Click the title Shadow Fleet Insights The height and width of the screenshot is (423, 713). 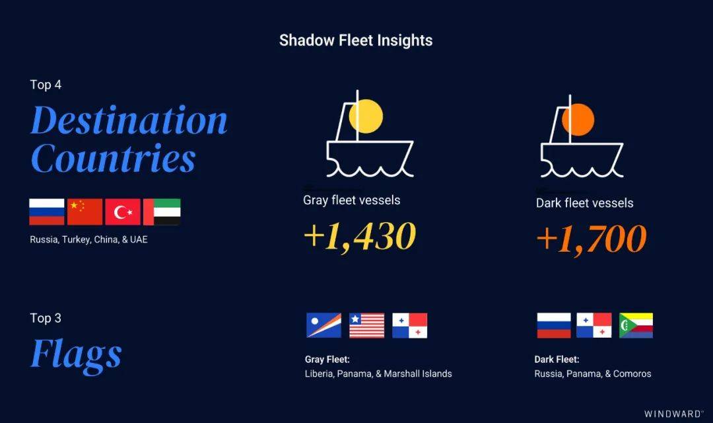pos(356,40)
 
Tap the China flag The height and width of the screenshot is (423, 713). pos(85,211)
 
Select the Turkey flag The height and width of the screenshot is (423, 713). pos(123,211)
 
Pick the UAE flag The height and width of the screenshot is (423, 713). pos(162,211)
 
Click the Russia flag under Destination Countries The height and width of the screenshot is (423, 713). pos(47,211)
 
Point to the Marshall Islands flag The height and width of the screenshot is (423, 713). pos(323,325)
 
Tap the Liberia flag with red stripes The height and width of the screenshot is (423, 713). pos(366,325)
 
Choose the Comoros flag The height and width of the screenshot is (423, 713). pos(636,325)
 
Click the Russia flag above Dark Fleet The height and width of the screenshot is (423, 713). pos(554,325)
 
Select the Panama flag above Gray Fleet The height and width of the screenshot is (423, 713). pos(410,325)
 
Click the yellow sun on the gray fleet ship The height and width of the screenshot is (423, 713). pos(366,116)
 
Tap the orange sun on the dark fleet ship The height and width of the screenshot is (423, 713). pos(578,119)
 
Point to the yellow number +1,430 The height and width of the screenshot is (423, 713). pos(360,237)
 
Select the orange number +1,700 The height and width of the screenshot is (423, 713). pos(592,239)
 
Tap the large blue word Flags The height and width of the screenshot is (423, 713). pos(76,355)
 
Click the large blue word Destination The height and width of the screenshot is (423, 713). pos(129,120)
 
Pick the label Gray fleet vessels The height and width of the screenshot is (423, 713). pos(351,200)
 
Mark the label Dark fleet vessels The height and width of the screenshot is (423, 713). pos(584,203)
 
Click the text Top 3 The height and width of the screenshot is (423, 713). pos(46,318)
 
